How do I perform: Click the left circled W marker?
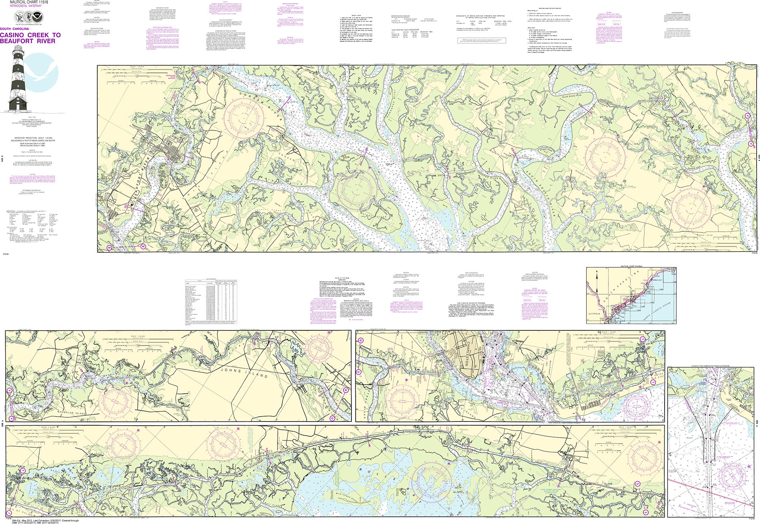[109, 247]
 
